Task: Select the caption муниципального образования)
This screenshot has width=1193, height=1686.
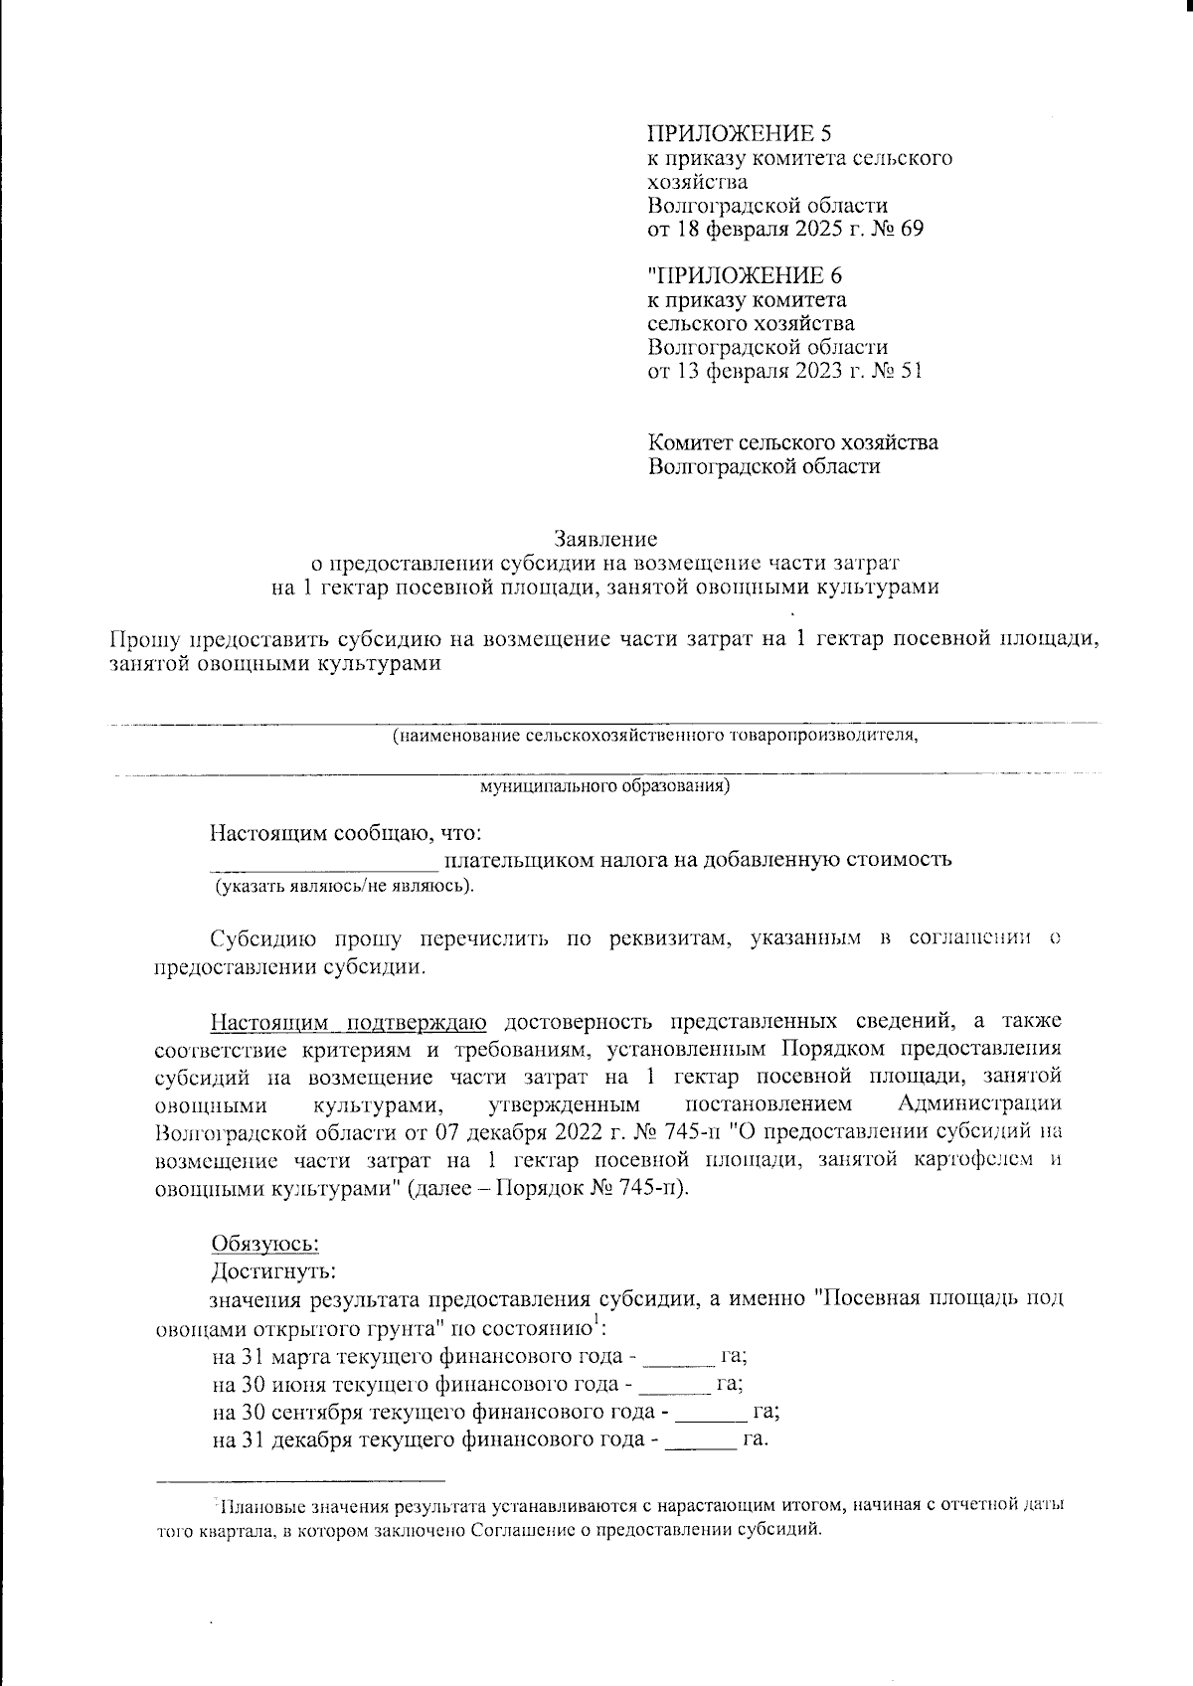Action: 605,786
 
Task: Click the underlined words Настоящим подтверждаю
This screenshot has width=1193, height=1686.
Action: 348,1022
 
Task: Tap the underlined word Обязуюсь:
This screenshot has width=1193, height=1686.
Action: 264,1244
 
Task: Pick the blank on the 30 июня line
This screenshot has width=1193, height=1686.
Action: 673,1384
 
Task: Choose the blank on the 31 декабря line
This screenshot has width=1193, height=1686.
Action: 700,1439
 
